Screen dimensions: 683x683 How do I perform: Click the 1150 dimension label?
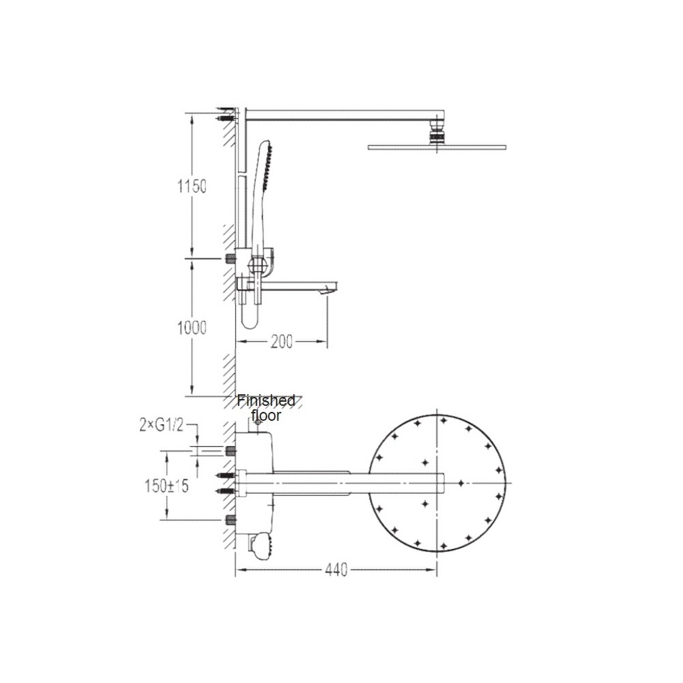point(191,186)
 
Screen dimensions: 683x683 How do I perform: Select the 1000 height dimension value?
point(191,328)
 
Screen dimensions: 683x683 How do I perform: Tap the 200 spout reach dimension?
point(281,342)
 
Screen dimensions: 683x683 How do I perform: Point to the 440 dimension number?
point(336,570)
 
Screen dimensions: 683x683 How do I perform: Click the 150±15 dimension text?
point(167,485)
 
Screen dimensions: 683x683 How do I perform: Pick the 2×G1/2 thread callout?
point(161,425)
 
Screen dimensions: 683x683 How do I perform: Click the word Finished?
point(266,400)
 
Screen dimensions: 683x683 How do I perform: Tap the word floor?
point(266,415)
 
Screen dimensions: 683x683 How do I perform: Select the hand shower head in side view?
point(265,165)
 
